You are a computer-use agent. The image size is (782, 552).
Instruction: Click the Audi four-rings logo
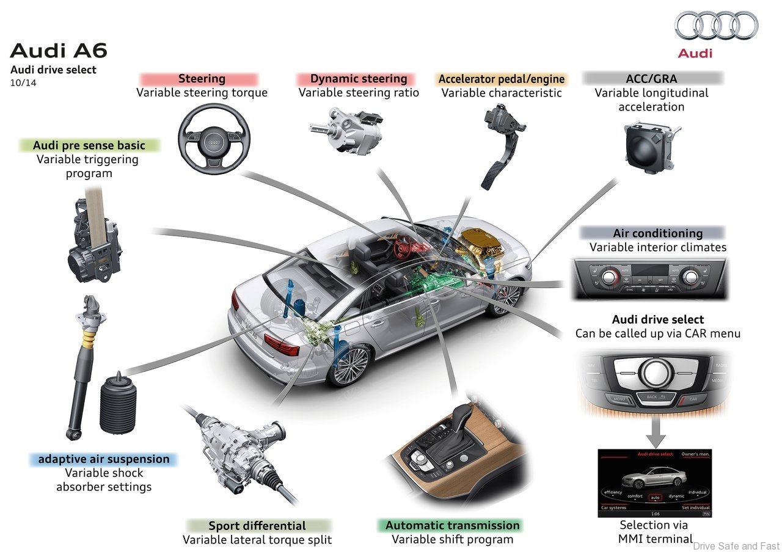(716, 26)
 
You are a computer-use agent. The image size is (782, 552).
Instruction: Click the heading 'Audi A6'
(58, 50)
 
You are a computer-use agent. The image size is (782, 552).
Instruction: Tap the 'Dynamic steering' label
(358, 79)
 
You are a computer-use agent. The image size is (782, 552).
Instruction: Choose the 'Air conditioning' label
(657, 233)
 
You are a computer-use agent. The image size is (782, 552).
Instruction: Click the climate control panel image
(649, 278)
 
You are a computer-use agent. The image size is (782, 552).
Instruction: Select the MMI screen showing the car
(654, 483)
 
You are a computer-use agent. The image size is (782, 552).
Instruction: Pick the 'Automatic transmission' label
(452, 525)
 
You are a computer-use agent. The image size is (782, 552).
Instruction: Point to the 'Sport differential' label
(257, 526)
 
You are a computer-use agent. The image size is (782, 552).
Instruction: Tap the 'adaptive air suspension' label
(104, 459)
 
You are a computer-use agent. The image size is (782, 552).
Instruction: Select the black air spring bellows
(117, 403)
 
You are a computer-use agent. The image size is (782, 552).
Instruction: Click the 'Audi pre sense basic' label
(89, 145)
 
